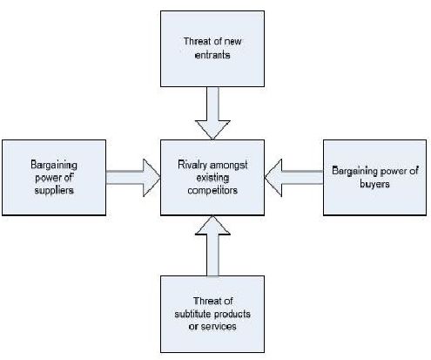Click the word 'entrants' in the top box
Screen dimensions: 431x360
[x=212, y=55]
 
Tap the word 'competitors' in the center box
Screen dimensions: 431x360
[x=212, y=191]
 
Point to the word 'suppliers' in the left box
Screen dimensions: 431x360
[x=54, y=191]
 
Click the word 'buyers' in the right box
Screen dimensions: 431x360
[x=374, y=184]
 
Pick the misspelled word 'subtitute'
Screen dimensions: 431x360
[x=192, y=314]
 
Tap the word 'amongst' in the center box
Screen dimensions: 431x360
[x=230, y=166]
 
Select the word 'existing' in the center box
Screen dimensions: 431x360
[x=212, y=178]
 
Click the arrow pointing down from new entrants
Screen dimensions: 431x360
[x=212, y=113]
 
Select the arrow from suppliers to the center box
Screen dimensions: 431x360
[x=133, y=178]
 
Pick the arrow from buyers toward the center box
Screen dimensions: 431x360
[x=293, y=178]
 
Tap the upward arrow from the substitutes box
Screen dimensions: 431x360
[x=212, y=246]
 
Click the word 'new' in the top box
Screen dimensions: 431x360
[x=232, y=42]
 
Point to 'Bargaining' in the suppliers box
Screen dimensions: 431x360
[x=54, y=165]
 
